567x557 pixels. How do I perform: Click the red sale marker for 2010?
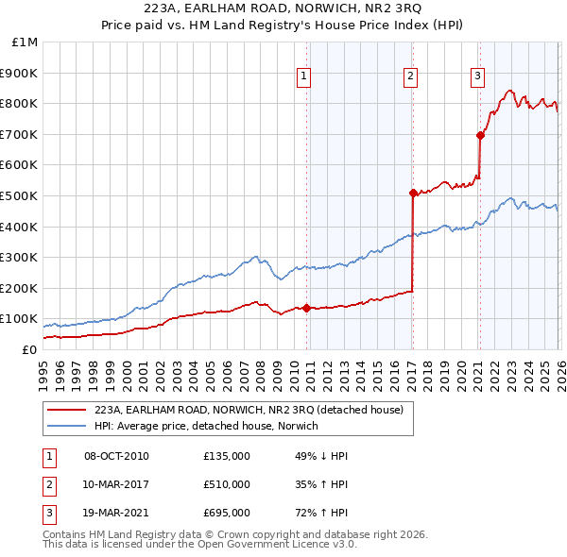(306, 308)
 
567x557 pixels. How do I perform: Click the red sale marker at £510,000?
(413, 193)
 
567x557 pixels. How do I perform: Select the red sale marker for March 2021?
(480, 135)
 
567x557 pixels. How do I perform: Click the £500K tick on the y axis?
(21, 195)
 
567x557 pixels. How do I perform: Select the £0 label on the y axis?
(28, 349)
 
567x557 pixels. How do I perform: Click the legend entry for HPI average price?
(206, 426)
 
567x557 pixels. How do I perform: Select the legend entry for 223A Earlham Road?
(249, 410)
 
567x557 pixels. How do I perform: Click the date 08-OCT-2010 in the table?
(116, 456)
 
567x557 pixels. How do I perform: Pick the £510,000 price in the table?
(227, 484)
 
